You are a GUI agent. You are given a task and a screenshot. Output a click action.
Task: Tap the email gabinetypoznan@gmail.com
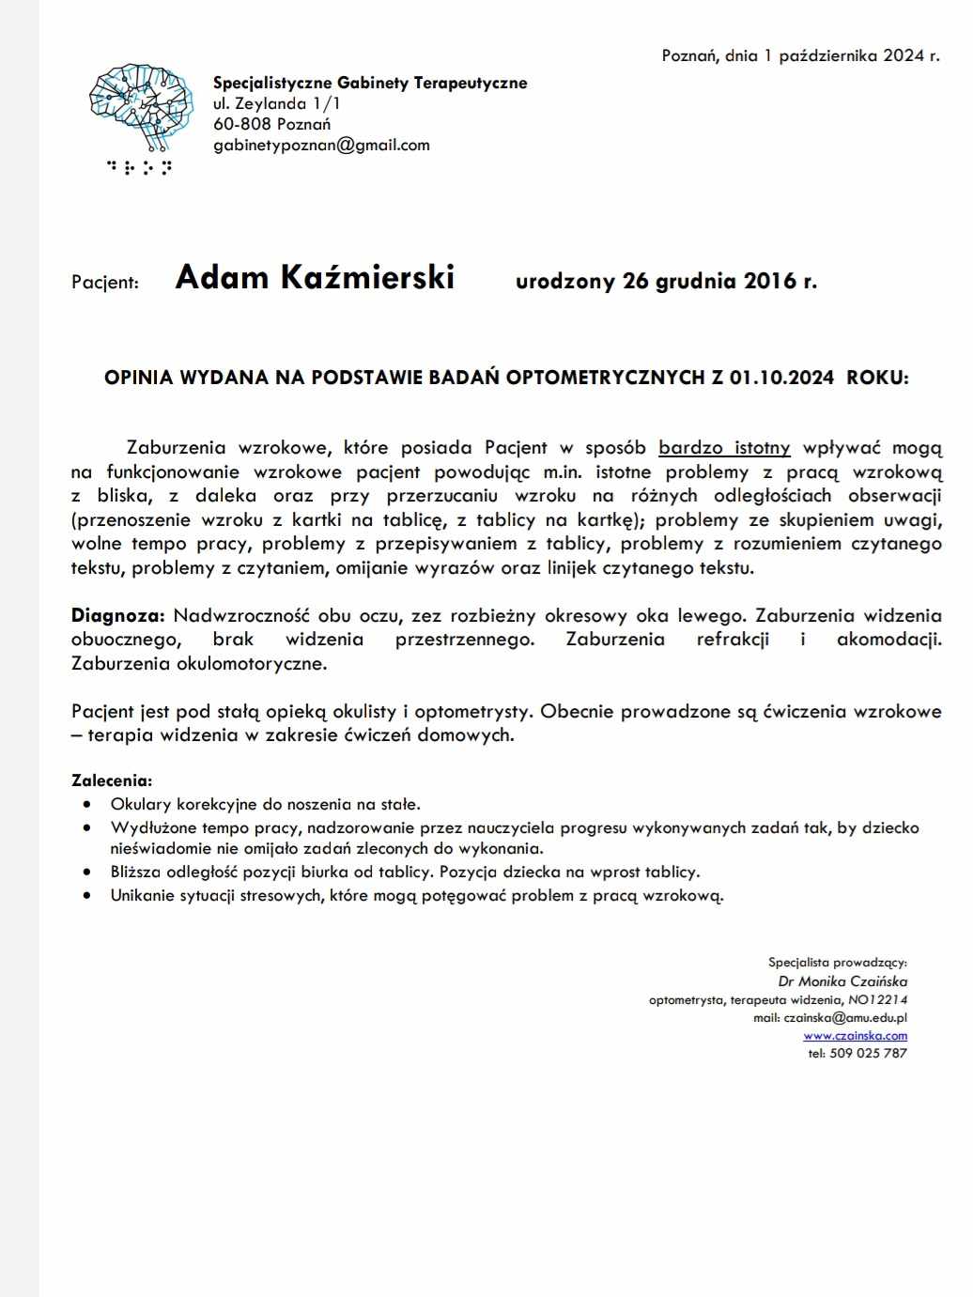pyautogui.click(x=321, y=145)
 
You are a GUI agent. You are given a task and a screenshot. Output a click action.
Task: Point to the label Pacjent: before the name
pyautogui.click(x=105, y=282)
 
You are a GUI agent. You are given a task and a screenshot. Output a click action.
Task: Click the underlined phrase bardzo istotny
pyautogui.click(x=724, y=448)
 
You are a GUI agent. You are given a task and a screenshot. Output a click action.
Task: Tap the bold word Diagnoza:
pyautogui.click(x=118, y=616)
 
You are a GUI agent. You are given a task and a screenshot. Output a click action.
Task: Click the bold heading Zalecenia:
pyautogui.click(x=112, y=780)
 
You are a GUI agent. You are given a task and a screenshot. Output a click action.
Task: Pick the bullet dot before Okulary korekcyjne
pyautogui.click(x=87, y=804)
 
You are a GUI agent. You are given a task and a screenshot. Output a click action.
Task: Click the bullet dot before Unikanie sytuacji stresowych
pyautogui.click(x=87, y=895)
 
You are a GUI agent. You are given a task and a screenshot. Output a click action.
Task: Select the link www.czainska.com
pyautogui.click(x=855, y=1035)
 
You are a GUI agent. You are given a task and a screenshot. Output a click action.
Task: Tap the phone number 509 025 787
pyautogui.click(x=869, y=1053)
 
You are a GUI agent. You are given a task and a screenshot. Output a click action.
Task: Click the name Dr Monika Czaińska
pyautogui.click(x=842, y=981)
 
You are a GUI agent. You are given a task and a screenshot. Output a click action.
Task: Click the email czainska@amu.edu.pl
pyautogui.click(x=844, y=1017)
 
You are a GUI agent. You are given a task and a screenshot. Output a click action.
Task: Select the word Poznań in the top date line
pyautogui.click(x=690, y=55)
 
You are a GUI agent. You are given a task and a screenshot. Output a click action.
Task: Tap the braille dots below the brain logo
pyautogui.click(x=139, y=168)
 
